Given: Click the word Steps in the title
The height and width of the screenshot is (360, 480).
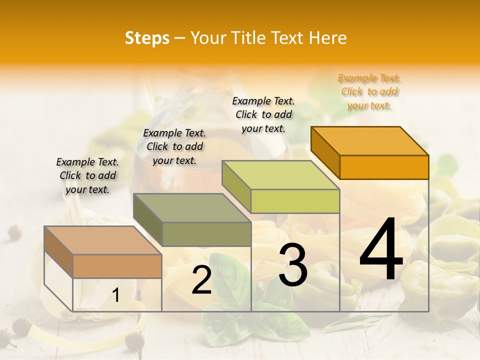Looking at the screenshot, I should point(147,38).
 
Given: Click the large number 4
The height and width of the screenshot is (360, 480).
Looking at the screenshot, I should point(381,250).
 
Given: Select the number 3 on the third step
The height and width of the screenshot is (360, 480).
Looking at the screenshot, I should point(292,265).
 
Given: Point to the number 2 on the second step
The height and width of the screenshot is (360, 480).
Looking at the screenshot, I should point(201,280).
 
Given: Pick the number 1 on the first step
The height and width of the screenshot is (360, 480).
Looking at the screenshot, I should point(116,295).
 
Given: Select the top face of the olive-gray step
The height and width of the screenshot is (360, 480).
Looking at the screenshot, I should point(192,208).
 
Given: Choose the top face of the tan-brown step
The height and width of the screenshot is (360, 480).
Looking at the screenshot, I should point(103,240).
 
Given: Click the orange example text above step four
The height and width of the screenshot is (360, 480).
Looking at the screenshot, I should point(369,92).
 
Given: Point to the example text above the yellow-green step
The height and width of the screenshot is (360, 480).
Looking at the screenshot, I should point(263,114).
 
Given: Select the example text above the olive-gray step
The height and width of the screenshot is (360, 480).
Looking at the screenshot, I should point(174,146).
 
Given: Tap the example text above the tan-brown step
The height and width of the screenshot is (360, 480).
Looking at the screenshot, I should point(87,175).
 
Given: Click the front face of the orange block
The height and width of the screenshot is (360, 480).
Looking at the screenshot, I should point(384,167).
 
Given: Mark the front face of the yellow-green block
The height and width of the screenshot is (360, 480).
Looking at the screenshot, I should point(295,201).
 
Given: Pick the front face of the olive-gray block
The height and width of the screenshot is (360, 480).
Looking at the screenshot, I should point(206,234).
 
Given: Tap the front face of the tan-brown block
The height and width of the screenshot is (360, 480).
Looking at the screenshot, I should point(117,266).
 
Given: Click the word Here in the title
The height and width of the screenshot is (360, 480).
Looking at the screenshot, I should point(328,38).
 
